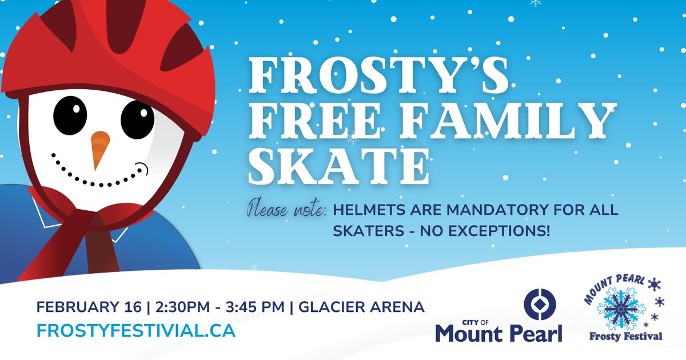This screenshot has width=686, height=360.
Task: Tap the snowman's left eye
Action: pyautogui.click(x=71, y=111)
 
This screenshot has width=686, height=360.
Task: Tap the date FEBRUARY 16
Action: pyautogui.click(x=89, y=307)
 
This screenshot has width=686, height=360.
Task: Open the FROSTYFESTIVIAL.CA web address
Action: pyautogui.click(x=135, y=331)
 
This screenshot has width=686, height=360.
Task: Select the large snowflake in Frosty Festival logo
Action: pyautogui.click(x=620, y=309)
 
